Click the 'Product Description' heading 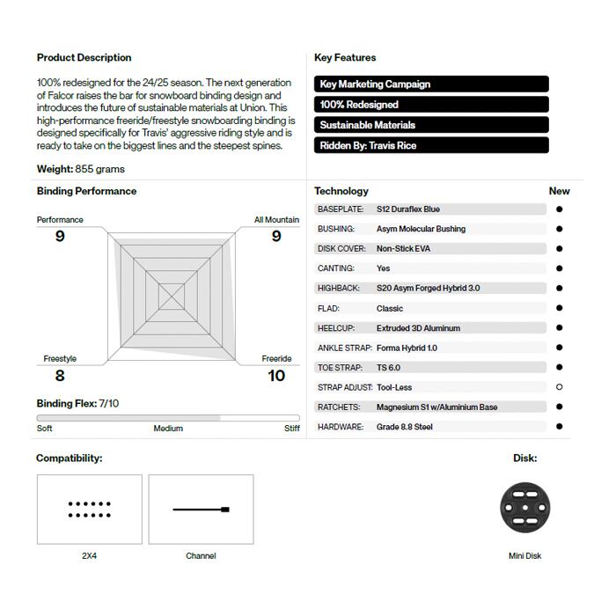pyautogui.click(x=84, y=58)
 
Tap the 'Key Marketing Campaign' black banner pyautogui.click(x=431, y=84)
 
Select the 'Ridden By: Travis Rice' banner pyautogui.click(x=431, y=145)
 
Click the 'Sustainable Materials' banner pyautogui.click(x=431, y=125)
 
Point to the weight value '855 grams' pyautogui.click(x=99, y=169)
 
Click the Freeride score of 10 pyautogui.click(x=276, y=376)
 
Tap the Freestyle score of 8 pyautogui.click(x=60, y=376)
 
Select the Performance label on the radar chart pyautogui.click(x=60, y=220)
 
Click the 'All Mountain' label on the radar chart pyautogui.click(x=276, y=220)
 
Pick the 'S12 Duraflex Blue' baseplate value pyautogui.click(x=407, y=209)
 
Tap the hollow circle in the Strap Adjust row pyautogui.click(x=560, y=387)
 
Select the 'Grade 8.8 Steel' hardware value pyautogui.click(x=404, y=427)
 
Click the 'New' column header pyautogui.click(x=559, y=191)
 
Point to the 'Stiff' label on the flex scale pyautogui.click(x=291, y=429)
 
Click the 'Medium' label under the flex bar pyautogui.click(x=168, y=429)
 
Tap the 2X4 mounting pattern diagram pyautogui.click(x=89, y=510)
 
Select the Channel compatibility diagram pyautogui.click(x=201, y=510)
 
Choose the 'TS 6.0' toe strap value pyautogui.click(x=388, y=368)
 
